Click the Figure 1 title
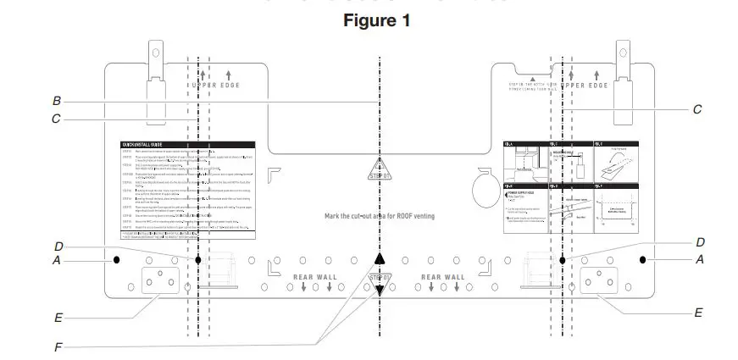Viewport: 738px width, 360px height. [376, 21]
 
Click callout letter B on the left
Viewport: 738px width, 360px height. [56, 100]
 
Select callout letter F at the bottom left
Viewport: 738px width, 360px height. [57, 346]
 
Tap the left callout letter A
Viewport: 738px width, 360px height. [57, 261]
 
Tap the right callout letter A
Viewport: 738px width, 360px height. [700, 260]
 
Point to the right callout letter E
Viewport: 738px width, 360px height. [698, 313]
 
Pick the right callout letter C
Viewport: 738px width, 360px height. [696, 109]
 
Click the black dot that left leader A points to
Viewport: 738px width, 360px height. [113, 261]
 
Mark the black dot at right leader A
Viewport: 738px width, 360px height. [644, 259]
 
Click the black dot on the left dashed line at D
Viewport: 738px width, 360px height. [198, 260]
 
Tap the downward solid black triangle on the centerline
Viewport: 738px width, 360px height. [380, 290]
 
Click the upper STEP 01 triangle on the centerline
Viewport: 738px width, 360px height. [380, 172]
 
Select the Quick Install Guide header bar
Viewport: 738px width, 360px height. [188, 145]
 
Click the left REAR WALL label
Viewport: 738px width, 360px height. [315, 277]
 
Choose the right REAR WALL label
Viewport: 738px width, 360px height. [442, 277]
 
